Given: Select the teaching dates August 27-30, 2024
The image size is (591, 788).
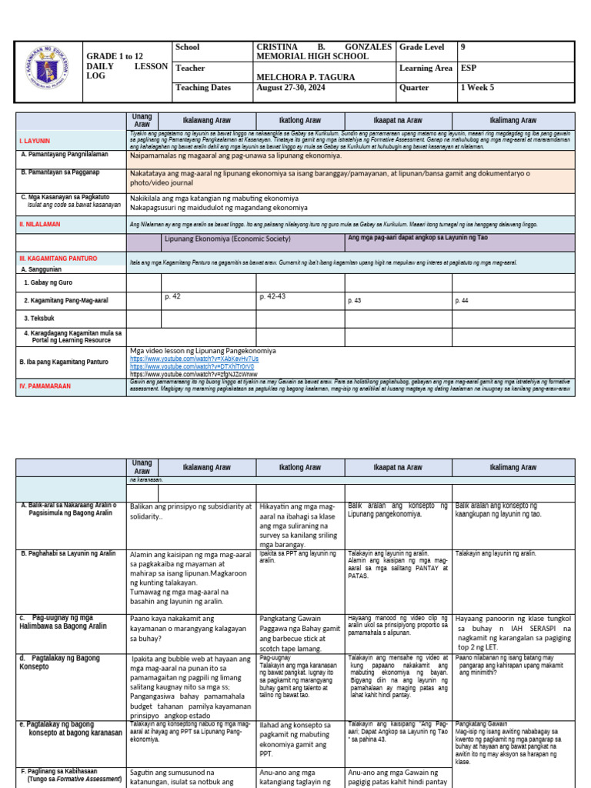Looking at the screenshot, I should pos(290,88).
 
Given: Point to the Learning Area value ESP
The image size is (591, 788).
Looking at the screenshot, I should pos(469,68).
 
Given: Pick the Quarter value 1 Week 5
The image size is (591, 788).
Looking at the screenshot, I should pos(478,88).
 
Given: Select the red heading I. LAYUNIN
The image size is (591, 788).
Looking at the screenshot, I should pos(35,142).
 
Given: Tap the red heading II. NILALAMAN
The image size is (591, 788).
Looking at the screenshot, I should pos(39,224).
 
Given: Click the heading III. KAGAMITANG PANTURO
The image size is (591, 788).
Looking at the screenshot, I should pos(57,259).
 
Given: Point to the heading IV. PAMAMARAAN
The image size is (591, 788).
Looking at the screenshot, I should pos(45,386).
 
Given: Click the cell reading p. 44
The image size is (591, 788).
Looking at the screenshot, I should pos(462,300).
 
